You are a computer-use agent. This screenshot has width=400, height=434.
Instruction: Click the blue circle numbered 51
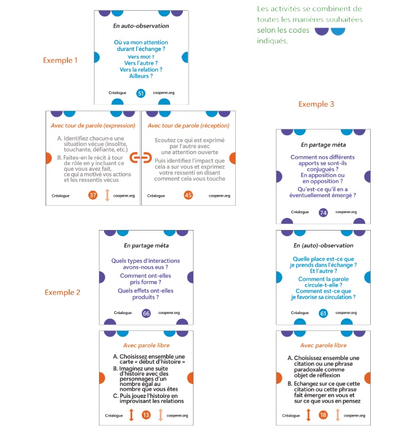pos(141,93)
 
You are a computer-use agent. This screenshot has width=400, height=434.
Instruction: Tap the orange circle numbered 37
pos(93,195)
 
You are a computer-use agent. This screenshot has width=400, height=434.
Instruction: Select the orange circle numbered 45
pos(188,195)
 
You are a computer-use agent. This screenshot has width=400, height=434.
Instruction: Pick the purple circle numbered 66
pos(146,313)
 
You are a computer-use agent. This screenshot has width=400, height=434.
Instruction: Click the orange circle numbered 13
pos(146,415)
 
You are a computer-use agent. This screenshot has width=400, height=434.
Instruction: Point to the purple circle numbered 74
pos(323,212)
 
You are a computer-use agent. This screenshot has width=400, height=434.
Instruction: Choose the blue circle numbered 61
pos(323,313)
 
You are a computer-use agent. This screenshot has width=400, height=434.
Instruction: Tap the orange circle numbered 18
pos(323,415)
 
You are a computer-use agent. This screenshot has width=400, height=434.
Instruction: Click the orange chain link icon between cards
pos(141,157)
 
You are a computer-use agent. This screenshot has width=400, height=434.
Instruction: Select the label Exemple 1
pos(60,60)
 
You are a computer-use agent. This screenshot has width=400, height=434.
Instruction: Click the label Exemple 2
pos(62,293)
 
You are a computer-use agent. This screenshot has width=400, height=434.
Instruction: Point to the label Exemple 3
pos(316,104)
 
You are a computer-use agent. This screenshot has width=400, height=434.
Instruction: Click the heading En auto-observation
pos(141,26)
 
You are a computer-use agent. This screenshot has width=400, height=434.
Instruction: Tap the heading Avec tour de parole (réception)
pos(188,126)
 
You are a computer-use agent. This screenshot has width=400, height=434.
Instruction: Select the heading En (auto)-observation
pos(323,246)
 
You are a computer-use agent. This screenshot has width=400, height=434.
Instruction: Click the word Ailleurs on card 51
pos(139,76)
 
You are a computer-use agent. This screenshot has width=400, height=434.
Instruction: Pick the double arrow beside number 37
pos(107,195)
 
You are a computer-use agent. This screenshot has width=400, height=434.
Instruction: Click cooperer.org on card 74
pos(346,212)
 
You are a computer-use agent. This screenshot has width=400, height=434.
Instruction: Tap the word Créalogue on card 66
pos(123,313)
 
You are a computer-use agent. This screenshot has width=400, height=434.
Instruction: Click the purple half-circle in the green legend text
pos(322,31)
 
